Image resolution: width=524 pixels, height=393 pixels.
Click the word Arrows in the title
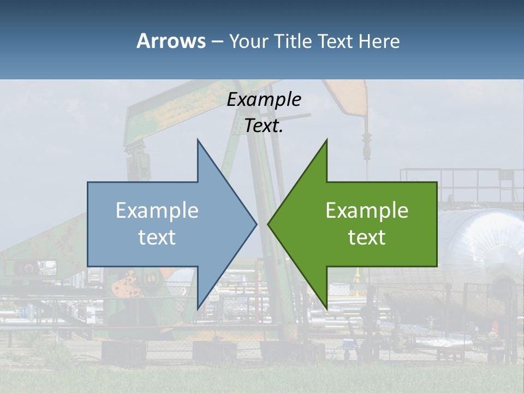171,41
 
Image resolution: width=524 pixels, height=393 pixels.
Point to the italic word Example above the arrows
264,100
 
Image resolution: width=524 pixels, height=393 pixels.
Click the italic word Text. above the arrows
264,126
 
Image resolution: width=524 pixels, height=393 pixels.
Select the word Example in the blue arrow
157,211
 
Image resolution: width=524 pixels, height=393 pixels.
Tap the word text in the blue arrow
157,237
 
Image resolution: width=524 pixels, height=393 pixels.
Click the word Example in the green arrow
367,211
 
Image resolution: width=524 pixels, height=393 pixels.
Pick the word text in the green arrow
367,237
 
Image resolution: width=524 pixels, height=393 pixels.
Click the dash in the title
217,42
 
